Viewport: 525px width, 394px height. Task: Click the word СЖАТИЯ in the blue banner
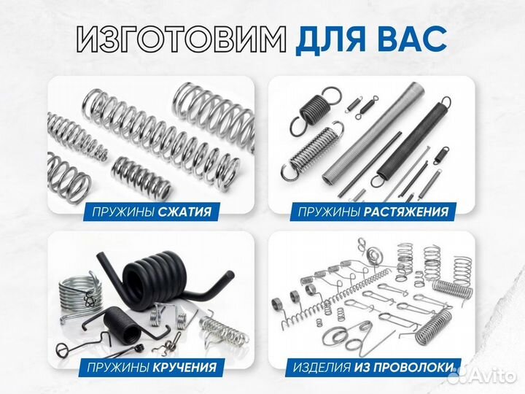point(186,212)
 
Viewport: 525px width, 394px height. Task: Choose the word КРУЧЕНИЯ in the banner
point(184,366)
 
